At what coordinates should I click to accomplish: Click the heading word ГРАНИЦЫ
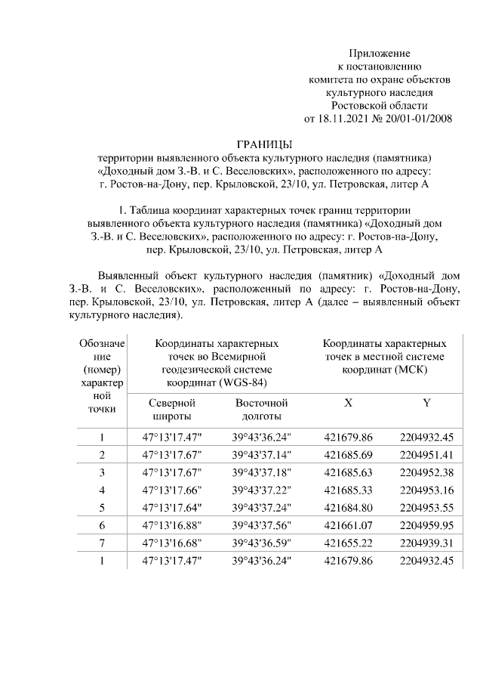pos(263,144)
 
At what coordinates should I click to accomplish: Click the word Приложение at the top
pos(379,53)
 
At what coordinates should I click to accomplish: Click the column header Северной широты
pos(173,410)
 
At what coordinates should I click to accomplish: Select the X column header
pos(348,403)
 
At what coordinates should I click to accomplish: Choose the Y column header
pos(427,403)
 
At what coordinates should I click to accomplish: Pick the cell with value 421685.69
pos(348,455)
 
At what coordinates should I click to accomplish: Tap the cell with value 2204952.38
pos(427,472)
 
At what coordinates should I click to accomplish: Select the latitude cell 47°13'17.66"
pos(173,490)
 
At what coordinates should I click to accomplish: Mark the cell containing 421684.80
pos(348,507)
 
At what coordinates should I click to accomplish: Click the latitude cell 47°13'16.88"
pos(173,525)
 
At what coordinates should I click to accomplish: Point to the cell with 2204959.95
pos(427,525)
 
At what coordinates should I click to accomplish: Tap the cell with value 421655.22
pos(348,543)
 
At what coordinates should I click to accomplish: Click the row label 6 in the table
pos(101,525)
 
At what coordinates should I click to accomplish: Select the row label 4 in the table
pos(101,490)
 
